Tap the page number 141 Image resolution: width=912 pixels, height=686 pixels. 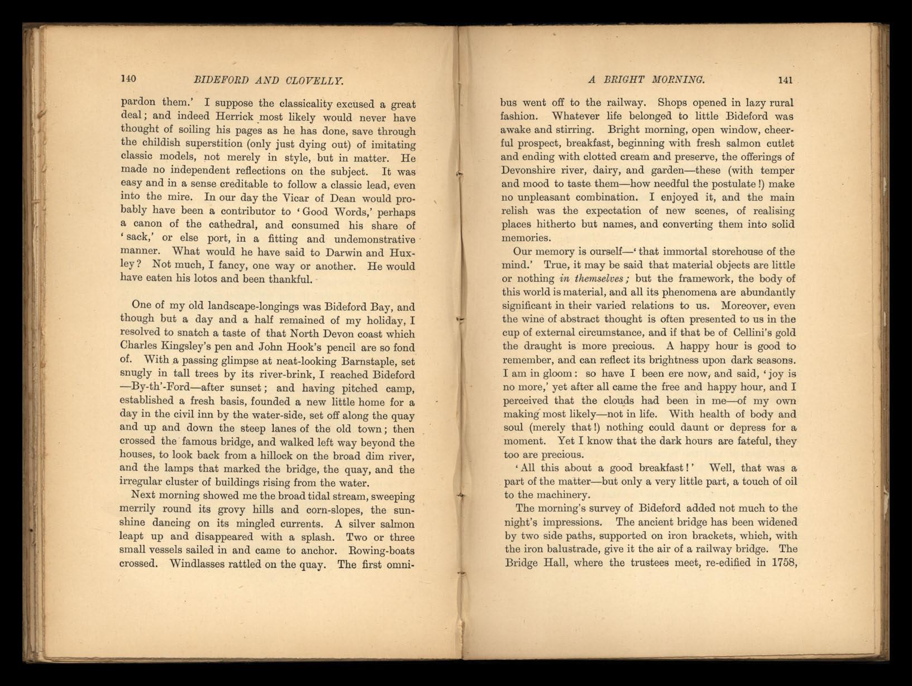click(785, 80)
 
